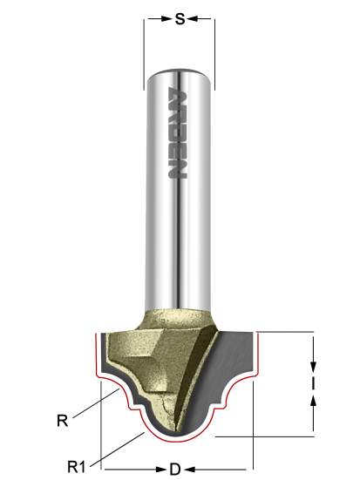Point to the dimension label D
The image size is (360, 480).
(x=174, y=469)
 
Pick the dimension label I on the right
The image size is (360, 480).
(x=313, y=382)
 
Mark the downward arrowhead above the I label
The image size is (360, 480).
(x=313, y=364)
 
